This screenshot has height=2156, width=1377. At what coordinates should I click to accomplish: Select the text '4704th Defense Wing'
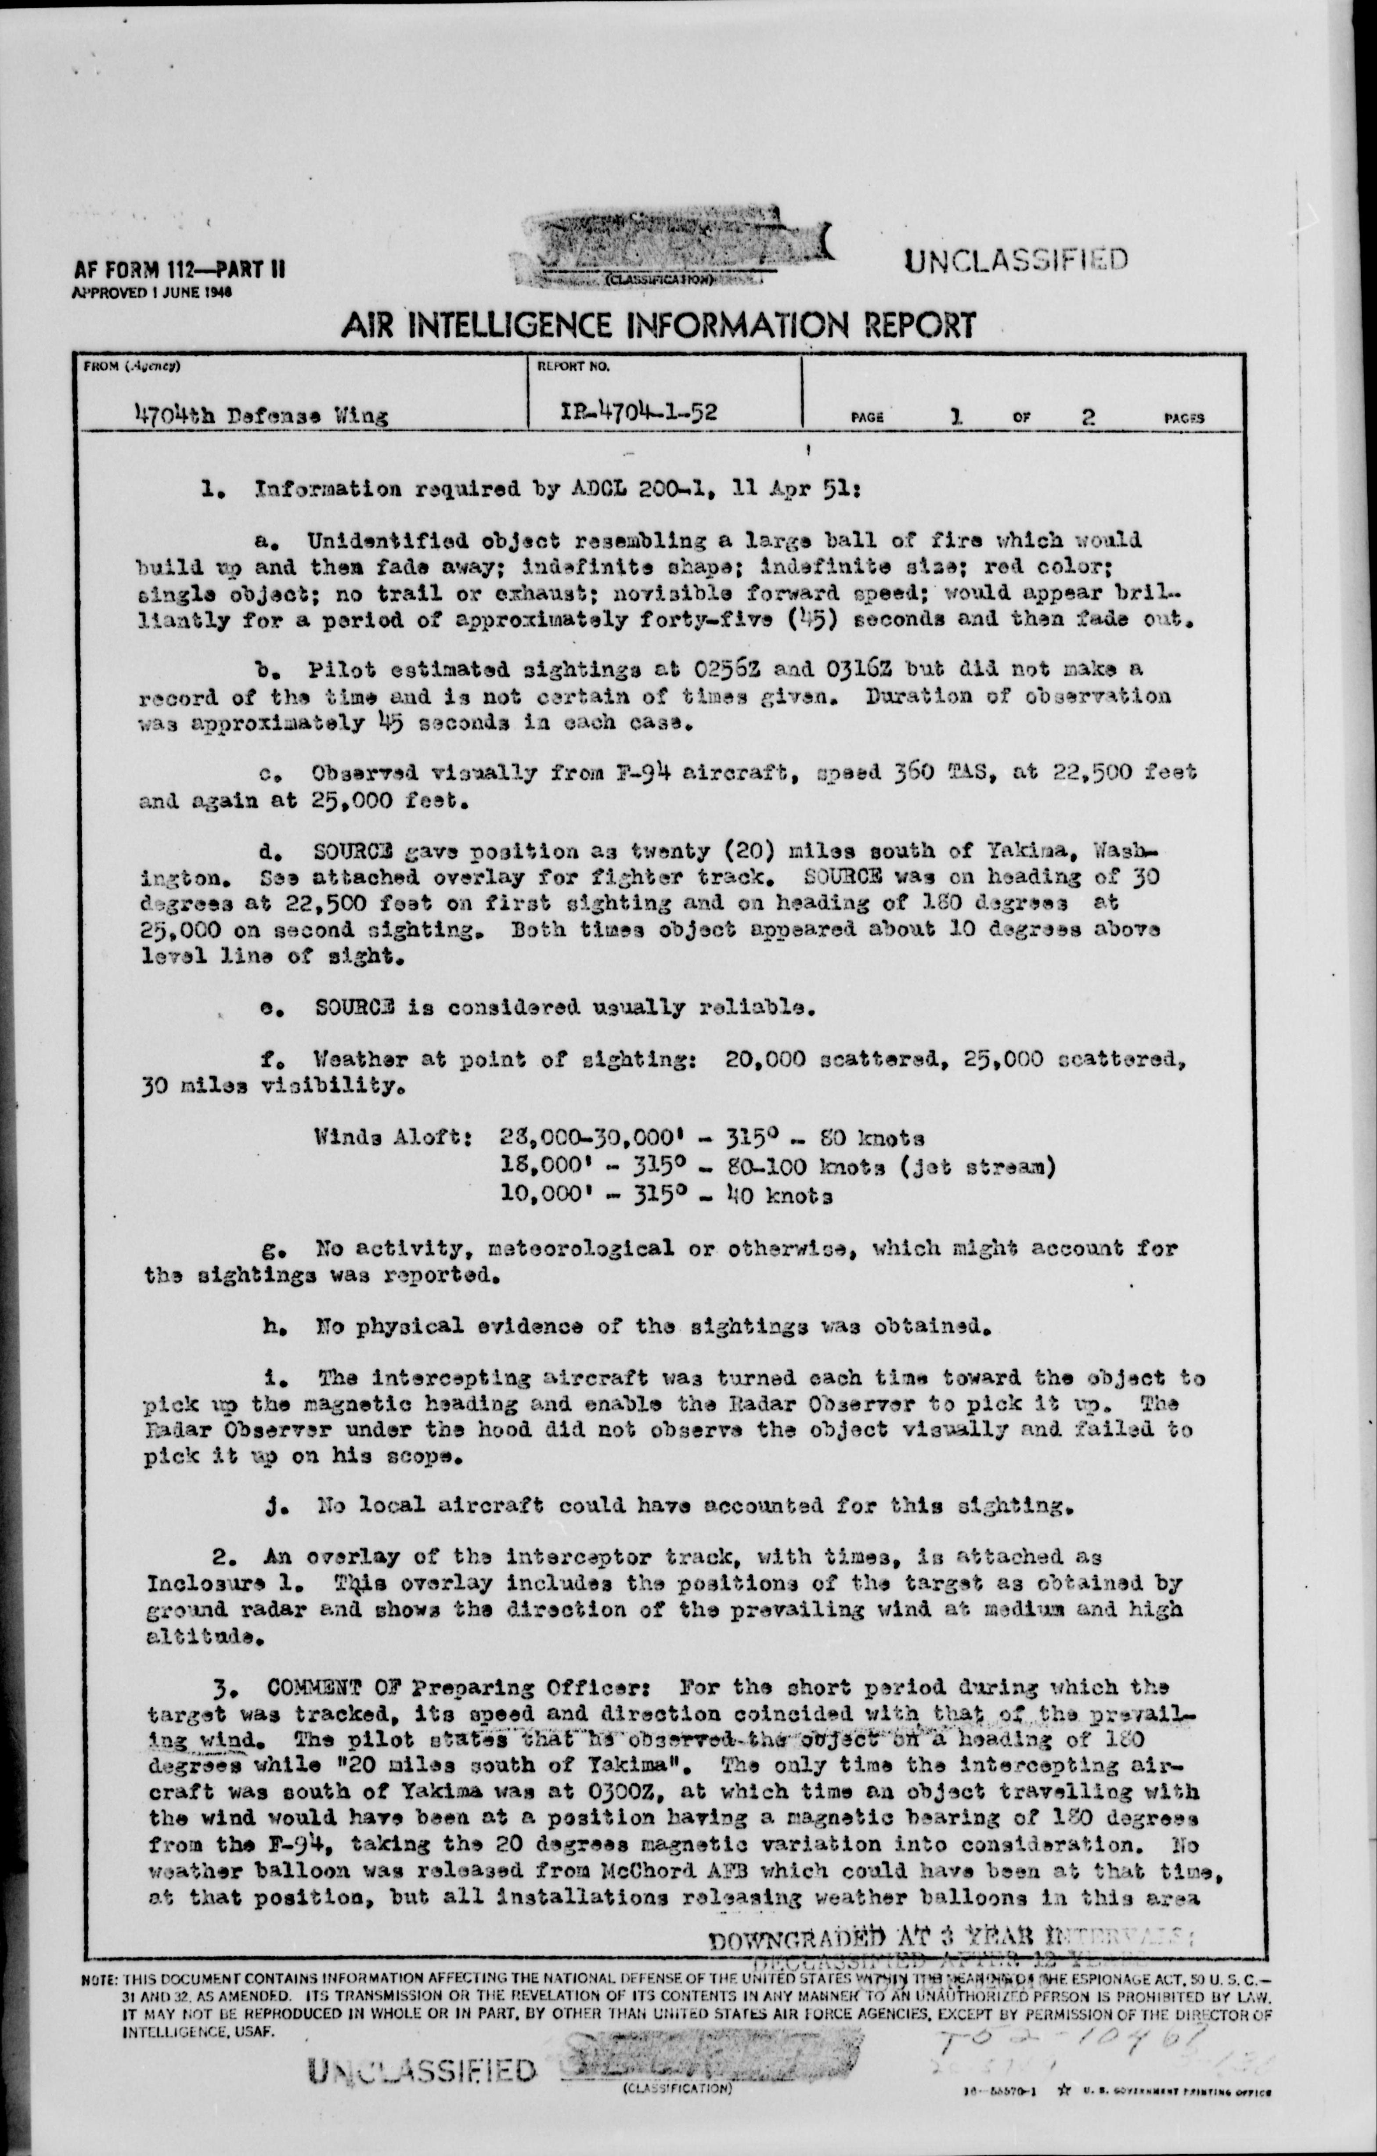click(260, 415)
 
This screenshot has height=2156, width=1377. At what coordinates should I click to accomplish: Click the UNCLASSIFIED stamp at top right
click(1015, 260)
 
